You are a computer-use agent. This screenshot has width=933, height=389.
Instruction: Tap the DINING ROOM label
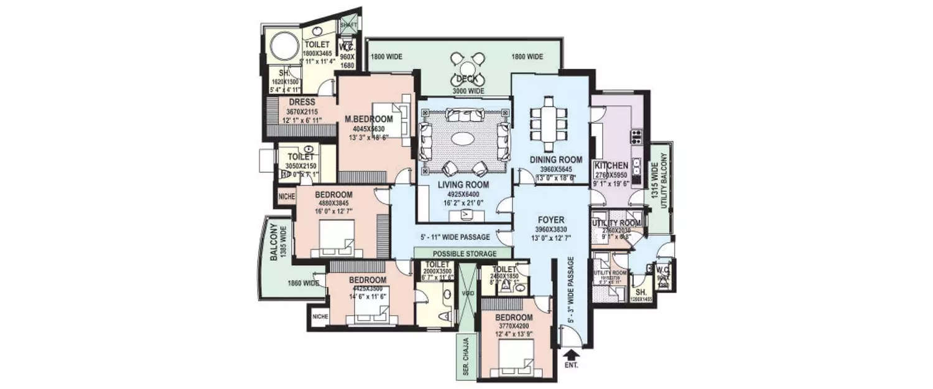pos(556,160)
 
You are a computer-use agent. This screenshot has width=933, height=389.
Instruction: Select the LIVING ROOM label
pos(463,185)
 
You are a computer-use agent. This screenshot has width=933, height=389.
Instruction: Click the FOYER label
pos(550,220)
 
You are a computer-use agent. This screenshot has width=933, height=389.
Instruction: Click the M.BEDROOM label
pos(369,120)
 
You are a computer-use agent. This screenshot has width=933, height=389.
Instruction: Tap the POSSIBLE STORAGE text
pos(463,254)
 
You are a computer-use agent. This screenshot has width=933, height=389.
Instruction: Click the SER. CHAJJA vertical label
pos(465,357)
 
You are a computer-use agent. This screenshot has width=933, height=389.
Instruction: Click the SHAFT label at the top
pos(349,25)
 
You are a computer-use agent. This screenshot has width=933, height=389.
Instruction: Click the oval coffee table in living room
pos(466,139)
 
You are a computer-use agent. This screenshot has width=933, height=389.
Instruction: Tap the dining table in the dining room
pos(548,121)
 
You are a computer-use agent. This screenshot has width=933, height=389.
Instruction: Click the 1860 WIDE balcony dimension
pos(304,283)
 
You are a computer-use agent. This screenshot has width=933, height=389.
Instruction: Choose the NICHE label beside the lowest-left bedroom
pos(320,316)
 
